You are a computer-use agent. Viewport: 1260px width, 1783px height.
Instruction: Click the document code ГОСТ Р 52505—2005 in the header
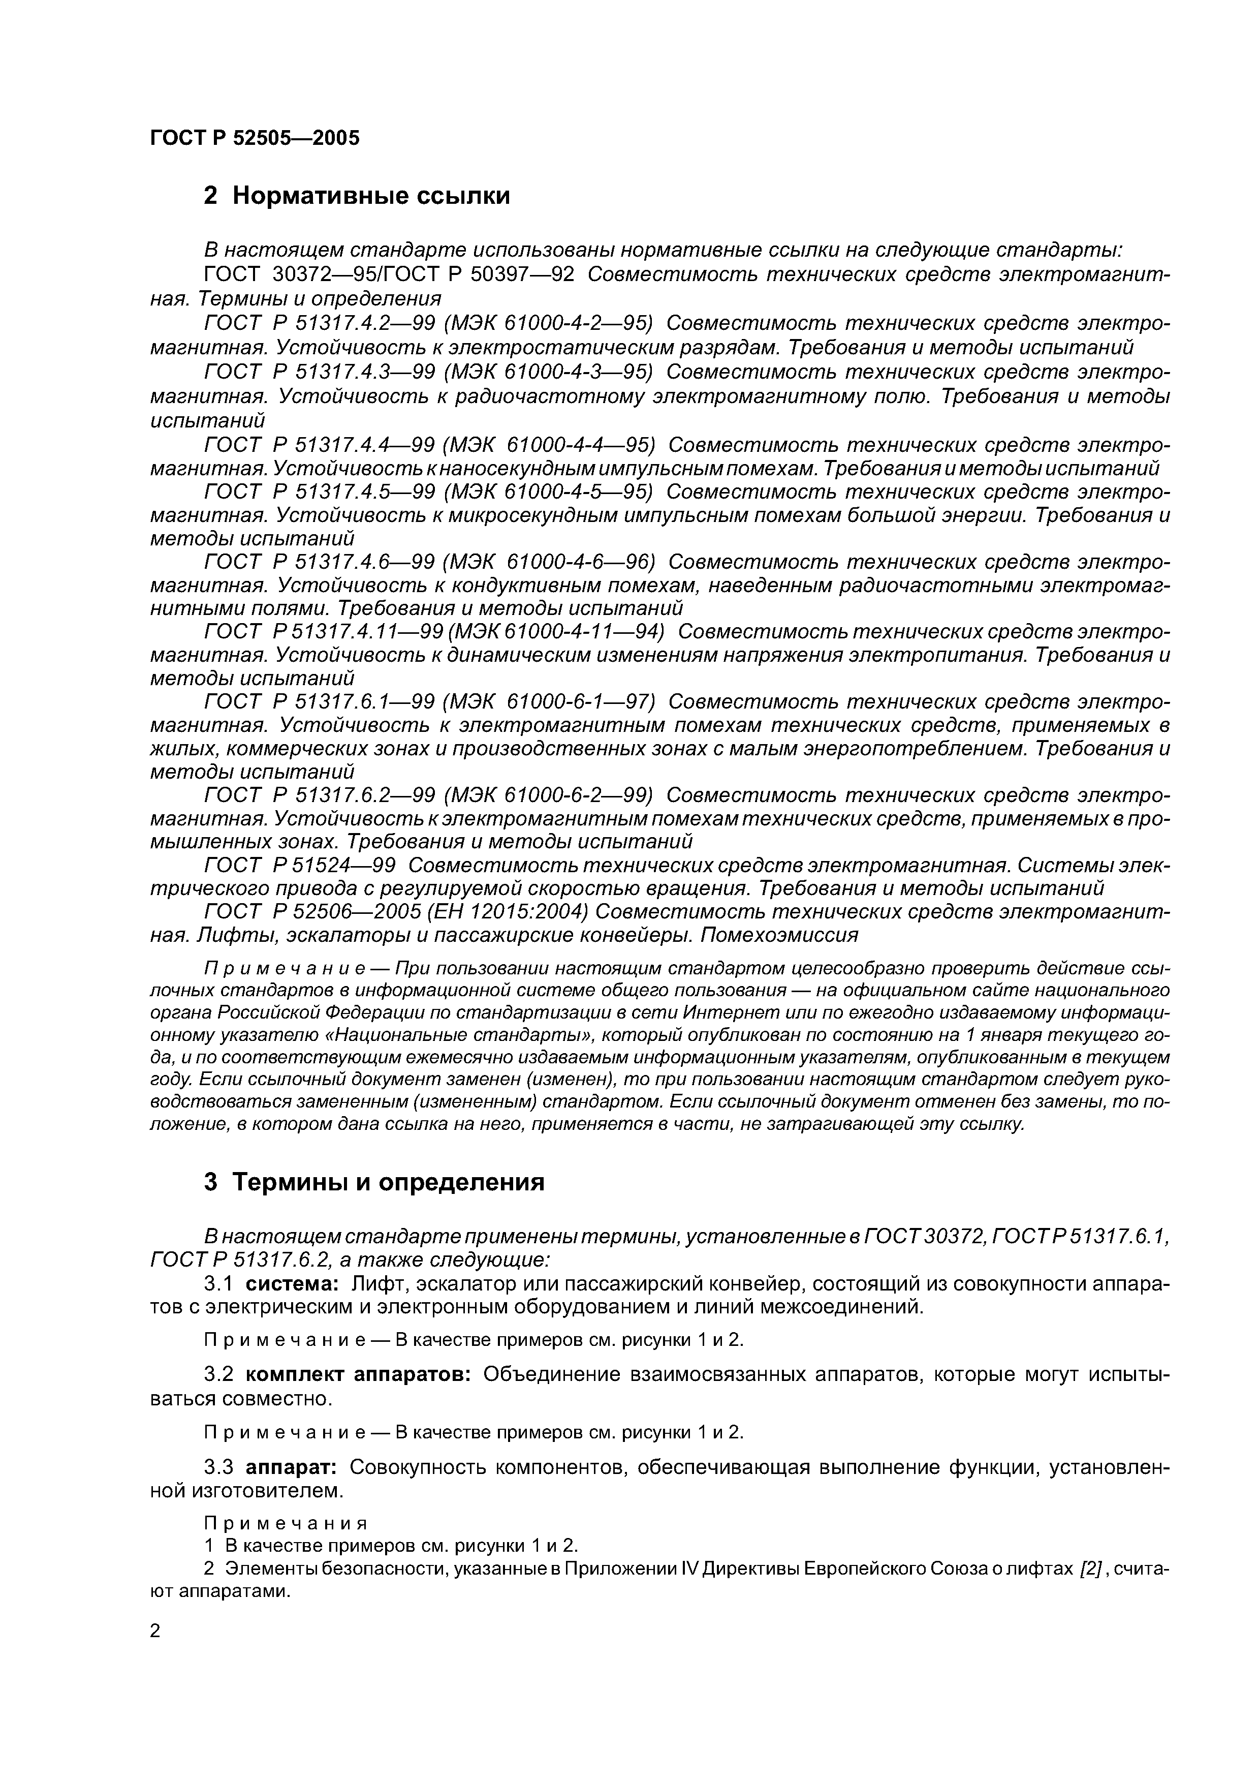[255, 138]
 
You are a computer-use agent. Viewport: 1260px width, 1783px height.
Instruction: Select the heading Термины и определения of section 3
[388, 1182]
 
